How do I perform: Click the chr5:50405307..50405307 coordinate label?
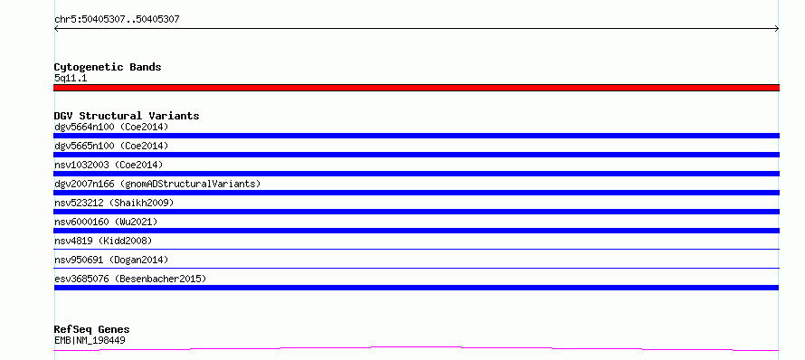117,20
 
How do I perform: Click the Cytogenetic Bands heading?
108,67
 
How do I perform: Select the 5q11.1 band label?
71,78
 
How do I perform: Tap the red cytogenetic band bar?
416,88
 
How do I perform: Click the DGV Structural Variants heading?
127,116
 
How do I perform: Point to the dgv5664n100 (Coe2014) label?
111,127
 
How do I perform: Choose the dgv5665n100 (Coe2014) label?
111,146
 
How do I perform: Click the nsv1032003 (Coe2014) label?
109,165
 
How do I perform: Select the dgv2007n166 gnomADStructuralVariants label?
157,184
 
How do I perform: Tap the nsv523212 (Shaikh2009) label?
114,203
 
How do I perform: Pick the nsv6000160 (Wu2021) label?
106,222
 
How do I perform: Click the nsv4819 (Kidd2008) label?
103,241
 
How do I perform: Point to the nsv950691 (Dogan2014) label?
111,260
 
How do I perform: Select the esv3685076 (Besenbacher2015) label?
130,279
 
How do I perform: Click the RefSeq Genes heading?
92,329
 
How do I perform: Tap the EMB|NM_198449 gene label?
90,340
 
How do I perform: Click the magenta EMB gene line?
416,349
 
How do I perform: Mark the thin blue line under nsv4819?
416,249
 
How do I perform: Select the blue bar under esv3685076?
416,288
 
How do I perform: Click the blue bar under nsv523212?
416,212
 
